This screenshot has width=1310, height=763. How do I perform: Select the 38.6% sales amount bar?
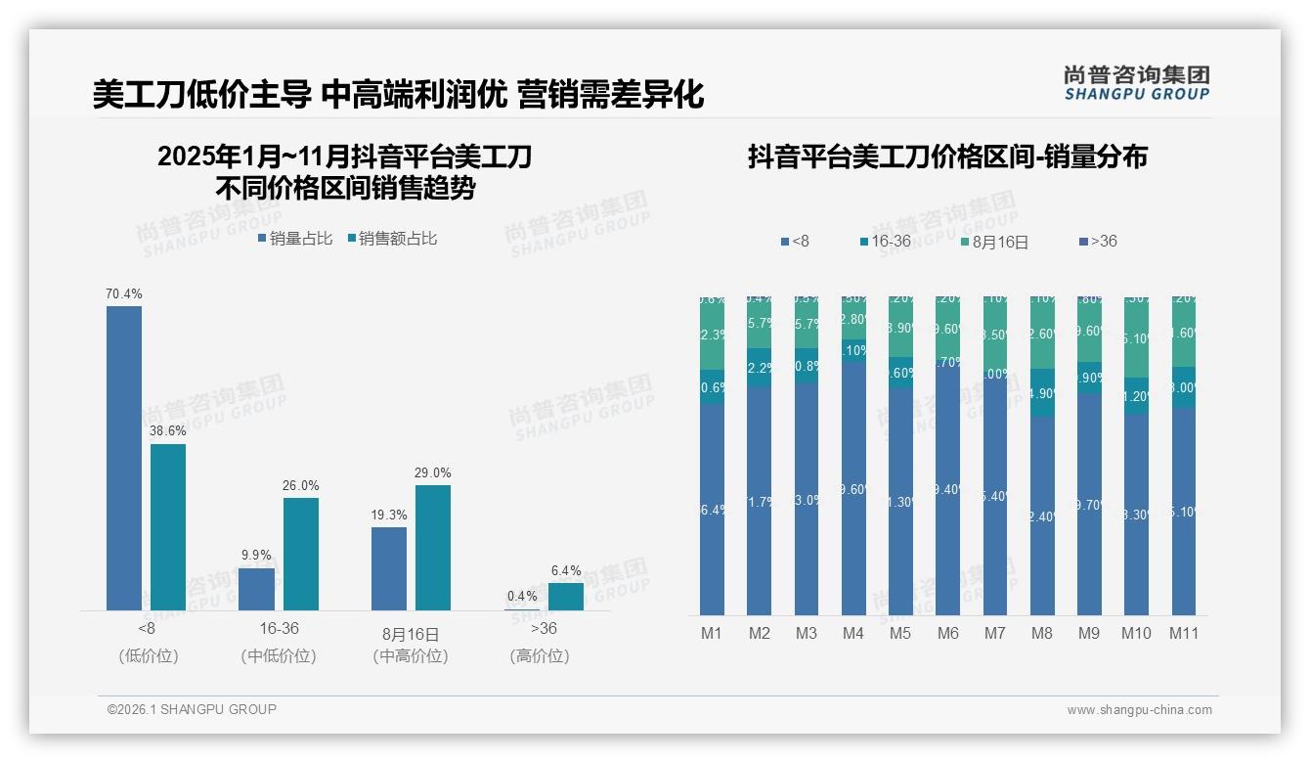pyautogui.click(x=168, y=527)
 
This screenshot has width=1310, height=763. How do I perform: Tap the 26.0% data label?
pyautogui.click(x=301, y=485)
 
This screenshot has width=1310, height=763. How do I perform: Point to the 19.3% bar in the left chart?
pyautogui.click(x=389, y=568)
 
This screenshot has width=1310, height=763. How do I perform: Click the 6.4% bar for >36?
pyautogui.click(x=566, y=596)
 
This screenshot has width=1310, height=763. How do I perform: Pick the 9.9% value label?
pyautogui.click(x=256, y=555)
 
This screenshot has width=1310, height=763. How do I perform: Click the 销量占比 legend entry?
pyautogui.click(x=295, y=238)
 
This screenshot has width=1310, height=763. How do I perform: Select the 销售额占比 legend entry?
pyautogui.click(x=392, y=238)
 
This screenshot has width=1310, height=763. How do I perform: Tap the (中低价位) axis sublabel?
pyautogui.click(x=279, y=655)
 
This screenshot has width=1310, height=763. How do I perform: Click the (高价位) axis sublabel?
pyautogui.click(x=540, y=655)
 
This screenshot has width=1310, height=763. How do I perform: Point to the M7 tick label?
pyautogui.click(x=994, y=633)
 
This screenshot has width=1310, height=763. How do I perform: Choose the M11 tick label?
pyautogui.click(x=1184, y=633)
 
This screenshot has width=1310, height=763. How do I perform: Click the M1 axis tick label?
pyautogui.click(x=712, y=633)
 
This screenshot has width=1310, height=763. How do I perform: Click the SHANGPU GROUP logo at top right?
pyautogui.click(x=1136, y=83)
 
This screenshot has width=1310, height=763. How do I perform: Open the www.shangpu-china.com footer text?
pyautogui.click(x=1139, y=710)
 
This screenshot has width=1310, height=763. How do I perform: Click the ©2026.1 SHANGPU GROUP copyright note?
pyautogui.click(x=192, y=709)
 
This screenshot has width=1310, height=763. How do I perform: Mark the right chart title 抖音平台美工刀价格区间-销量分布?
pyautogui.click(x=947, y=157)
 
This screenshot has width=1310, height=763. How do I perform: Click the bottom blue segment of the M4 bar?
pyautogui.click(x=852, y=489)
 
